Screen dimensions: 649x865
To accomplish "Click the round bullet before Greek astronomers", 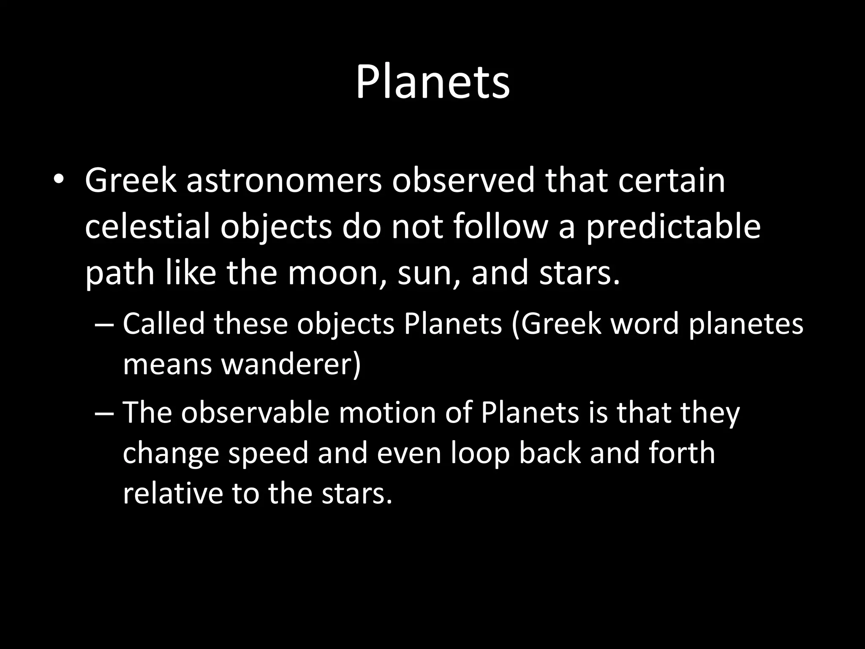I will point(58,180).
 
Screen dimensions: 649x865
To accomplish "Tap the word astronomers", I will point(284,181).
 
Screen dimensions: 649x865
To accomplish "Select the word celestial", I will point(147,227).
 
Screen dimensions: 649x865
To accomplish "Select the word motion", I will point(387,413).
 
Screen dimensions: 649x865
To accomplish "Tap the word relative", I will point(172,493).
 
